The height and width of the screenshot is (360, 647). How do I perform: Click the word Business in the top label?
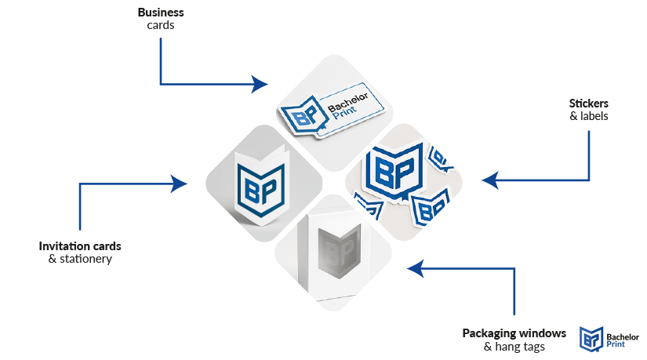pos(160,13)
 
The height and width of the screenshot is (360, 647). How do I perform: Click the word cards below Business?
pos(160,25)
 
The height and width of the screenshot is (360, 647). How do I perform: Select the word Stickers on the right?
pos(588,104)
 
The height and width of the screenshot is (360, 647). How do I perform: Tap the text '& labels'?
pos(588,116)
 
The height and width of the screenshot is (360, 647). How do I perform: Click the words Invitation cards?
pos(80,245)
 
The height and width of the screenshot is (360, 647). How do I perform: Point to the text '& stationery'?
pos(80,258)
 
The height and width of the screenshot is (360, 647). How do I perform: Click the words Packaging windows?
pos(514,333)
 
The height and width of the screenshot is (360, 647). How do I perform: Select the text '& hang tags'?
pos(514,346)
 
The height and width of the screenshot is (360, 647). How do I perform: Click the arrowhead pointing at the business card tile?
pos(261,83)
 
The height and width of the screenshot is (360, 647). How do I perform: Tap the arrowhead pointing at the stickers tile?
pos(489,181)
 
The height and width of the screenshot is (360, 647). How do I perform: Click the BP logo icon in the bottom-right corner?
pos(591,338)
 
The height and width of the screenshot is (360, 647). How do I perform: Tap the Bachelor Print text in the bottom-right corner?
pos(622,338)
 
